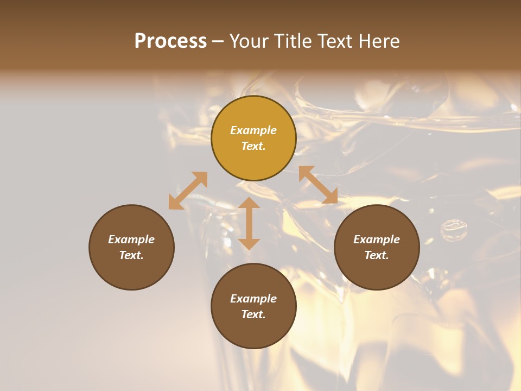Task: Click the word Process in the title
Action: coord(170,41)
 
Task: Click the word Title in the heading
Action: coord(293,41)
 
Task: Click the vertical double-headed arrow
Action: coord(249,223)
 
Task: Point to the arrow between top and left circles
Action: coord(188,191)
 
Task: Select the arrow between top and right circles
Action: coord(318,185)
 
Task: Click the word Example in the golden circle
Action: coord(253,130)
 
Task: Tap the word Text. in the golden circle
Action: coord(253,146)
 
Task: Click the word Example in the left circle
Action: coord(131,239)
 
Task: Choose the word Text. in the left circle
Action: coord(131,255)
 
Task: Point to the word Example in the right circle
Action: coord(377,239)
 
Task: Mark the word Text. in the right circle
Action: coord(377,255)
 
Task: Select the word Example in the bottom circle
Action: coord(253,299)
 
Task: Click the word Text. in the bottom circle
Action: coord(253,314)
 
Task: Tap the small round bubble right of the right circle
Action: coord(453,229)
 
